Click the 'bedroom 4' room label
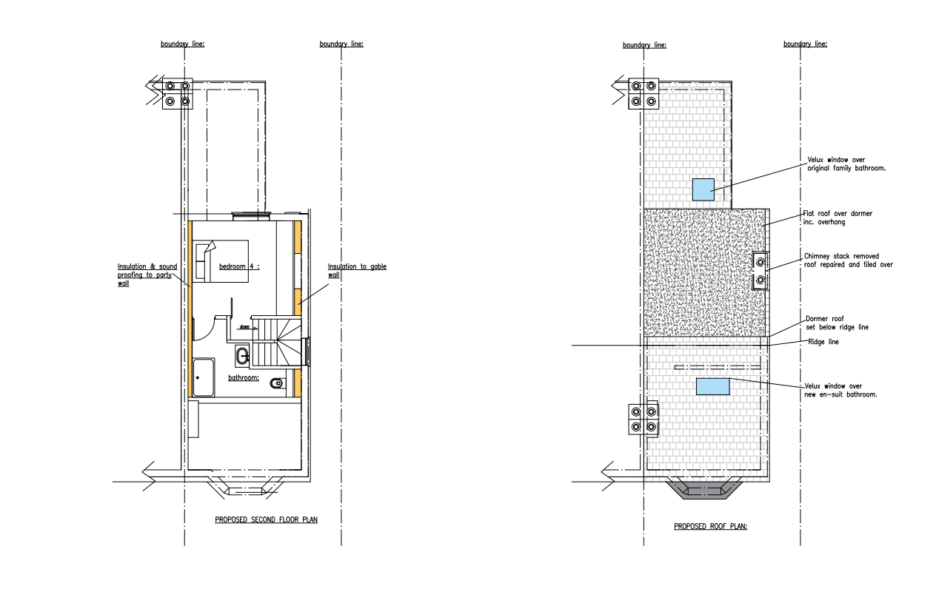(x=239, y=266)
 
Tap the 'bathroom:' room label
(x=244, y=378)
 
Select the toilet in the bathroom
(x=277, y=383)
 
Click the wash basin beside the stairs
(x=242, y=356)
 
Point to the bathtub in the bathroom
(x=204, y=377)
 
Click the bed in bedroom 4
(x=221, y=261)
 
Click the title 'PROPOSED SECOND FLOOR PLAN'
(x=266, y=519)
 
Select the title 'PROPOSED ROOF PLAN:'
(x=710, y=526)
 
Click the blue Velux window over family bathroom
(x=703, y=189)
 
